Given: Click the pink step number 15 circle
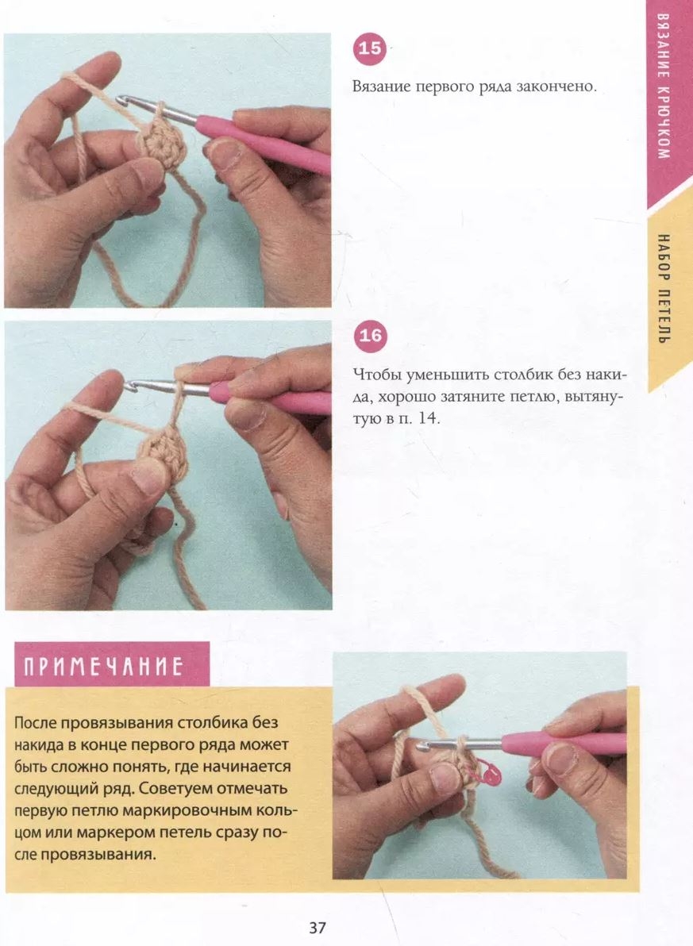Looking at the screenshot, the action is click(x=369, y=48).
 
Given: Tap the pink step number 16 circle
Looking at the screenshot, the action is click(x=369, y=336).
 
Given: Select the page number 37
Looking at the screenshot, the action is click(x=318, y=928).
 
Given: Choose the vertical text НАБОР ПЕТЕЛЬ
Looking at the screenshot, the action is click(x=663, y=289).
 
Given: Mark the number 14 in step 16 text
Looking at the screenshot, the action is click(x=426, y=418).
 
